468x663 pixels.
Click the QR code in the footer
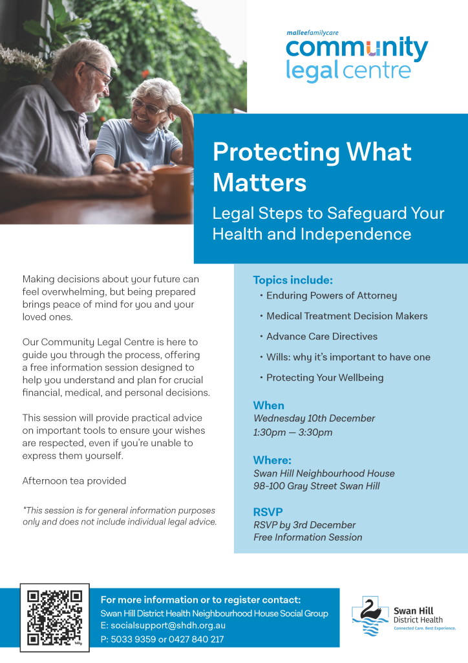point(54,618)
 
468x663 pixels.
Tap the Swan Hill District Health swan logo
point(370,616)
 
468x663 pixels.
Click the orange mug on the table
point(172,189)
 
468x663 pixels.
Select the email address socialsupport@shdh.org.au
point(168,625)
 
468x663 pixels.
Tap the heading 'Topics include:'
point(293,280)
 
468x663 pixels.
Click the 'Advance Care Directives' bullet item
point(321,337)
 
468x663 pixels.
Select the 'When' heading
point(268,405)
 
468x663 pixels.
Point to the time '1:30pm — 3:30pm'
point(293,433)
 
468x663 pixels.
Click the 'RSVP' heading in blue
point(268,512)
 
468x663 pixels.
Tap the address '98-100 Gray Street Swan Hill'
point(317,486)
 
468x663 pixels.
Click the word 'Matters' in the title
point(259,183)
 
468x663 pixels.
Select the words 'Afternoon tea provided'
point(74,481)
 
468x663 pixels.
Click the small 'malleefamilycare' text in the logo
point(313,32)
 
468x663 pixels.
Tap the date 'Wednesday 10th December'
point(314,418)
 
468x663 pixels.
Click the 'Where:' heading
point(272,460)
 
